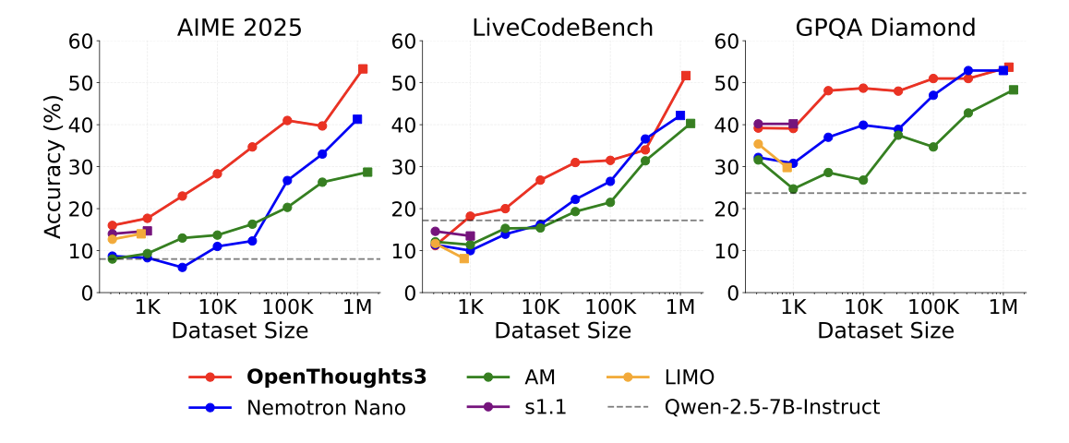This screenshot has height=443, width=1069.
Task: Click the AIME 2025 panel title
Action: tap(239, 27)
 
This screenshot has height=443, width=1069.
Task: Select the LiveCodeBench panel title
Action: tap(562, 27)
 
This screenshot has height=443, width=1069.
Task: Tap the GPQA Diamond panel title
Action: tap(886, 27)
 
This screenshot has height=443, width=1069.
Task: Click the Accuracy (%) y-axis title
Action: tap(55, 166)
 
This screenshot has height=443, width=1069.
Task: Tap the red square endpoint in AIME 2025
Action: tap(363, 69)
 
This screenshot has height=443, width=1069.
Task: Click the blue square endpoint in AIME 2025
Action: tap(357, 119)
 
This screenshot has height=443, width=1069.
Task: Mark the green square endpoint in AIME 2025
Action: tap(367, 173)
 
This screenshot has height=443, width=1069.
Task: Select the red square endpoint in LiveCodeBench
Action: tap(686, 76)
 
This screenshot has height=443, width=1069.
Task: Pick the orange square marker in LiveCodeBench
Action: tap(463, 258)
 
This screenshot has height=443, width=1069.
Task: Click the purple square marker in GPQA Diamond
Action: tap(793, 124)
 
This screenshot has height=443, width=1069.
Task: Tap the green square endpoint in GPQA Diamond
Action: tap(1014, 90)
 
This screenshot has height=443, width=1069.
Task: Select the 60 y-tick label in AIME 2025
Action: tap(81, 41)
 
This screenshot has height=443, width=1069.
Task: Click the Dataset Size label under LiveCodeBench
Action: tap(562, 330)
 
